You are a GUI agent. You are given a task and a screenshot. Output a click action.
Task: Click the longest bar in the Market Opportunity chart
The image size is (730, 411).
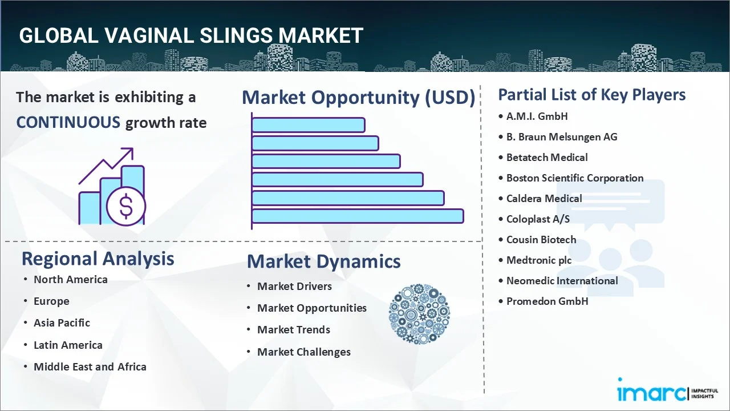[x=358, y=216]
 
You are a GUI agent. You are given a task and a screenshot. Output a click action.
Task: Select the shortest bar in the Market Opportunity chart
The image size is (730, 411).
[x=309, y=125]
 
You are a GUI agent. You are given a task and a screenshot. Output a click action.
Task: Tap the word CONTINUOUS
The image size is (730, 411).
[x=68, y=123]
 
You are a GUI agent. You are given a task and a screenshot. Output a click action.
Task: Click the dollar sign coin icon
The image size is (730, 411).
[x=126, y=207]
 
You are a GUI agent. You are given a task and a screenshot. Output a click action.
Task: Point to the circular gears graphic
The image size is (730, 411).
[x=419, y=314]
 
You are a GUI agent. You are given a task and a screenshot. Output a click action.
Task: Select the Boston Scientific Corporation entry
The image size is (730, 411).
[x=575, y=178]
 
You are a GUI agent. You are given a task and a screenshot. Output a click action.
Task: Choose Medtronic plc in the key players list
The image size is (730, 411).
[x=539, y=260]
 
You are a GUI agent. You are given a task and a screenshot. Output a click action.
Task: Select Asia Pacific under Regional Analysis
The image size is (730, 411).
[x=62, y=323]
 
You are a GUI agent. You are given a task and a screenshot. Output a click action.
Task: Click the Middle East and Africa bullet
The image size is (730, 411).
[x=90, y=367]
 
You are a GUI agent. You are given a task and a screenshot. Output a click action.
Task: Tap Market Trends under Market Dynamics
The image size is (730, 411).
[x=294, y=330]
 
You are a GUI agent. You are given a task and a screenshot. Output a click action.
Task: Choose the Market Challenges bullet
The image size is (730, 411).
[x=304, y=352]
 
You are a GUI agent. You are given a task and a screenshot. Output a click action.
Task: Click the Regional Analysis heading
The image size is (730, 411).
[x=98, y=259]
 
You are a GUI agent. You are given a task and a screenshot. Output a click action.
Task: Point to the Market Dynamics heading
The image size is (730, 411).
[x=323, y=261]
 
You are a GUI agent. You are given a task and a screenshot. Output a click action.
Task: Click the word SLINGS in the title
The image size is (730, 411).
[x=236, y=35]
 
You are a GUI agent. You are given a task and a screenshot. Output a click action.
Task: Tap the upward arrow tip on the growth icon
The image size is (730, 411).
[x=132, y=149]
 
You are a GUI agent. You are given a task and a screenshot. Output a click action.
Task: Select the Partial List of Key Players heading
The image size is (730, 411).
[x=592, y=95]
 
